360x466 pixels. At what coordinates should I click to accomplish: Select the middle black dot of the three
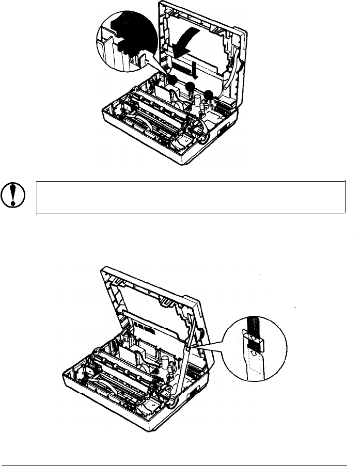191,87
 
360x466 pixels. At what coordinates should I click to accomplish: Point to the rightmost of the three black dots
209,95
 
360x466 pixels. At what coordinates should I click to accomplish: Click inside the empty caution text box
191,197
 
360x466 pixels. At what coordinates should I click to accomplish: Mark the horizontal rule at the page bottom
180,451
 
